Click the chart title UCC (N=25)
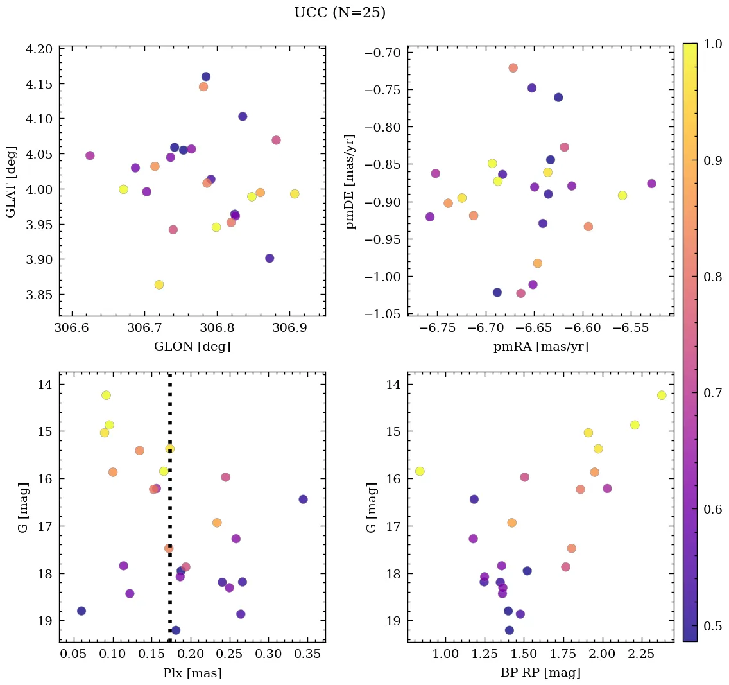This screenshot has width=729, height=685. click(339, 13)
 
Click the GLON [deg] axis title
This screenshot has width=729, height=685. click(192, 347)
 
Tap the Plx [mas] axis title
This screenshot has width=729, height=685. click(192, 673)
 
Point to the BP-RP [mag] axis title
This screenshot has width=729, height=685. click(540, 673)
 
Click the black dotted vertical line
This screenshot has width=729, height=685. click(169, 507)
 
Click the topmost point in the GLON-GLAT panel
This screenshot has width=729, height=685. click(206, 76)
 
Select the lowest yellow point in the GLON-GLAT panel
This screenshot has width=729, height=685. click(159, 284)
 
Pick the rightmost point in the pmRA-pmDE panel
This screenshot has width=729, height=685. click(652, 184)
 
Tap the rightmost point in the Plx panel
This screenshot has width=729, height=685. click(303, 499)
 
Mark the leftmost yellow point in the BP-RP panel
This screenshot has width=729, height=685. click(420, 471)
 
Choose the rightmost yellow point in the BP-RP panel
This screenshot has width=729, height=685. click(662, 395)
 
